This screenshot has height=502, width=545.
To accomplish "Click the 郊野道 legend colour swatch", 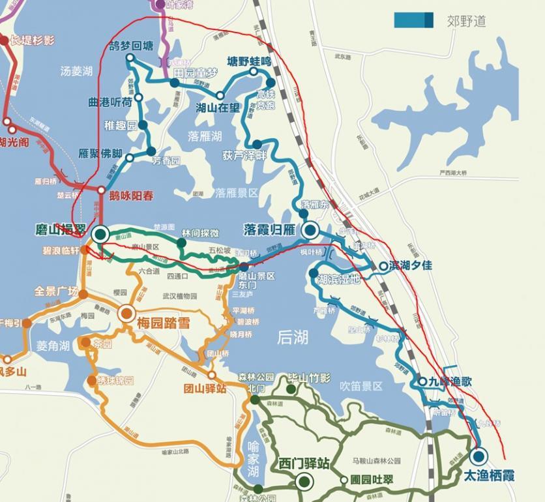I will (413, 20).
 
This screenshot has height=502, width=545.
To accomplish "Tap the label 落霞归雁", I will (270, 229).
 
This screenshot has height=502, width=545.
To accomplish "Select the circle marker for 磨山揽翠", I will (100, 235).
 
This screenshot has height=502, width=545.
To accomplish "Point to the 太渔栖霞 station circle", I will (479, 456).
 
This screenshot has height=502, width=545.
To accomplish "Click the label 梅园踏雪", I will (164, 321).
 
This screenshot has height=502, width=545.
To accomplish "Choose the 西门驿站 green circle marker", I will (303, 482).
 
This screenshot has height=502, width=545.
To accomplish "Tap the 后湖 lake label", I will (293, 337).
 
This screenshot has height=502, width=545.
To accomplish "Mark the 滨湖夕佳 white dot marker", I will (383, 265).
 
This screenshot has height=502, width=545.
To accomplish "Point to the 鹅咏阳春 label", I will (131, 194).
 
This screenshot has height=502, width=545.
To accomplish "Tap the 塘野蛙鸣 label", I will (248, 62).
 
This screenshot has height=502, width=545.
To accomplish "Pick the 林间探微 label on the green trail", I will (200, 233).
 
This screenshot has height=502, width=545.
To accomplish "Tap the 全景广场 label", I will (56, 291).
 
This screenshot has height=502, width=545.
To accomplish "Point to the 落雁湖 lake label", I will (205, 136).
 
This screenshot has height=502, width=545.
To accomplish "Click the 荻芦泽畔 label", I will (244, 155).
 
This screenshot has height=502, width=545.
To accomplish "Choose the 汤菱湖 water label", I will (77, 70).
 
